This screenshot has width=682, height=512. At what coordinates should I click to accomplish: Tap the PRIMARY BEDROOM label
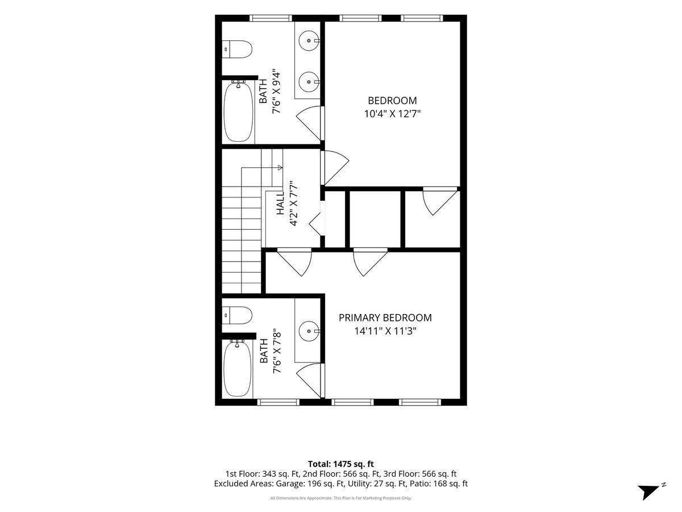pos(385,317)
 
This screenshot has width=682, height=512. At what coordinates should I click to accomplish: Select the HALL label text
pos(280,203)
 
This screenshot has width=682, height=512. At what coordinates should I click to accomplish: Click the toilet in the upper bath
pos(238,49)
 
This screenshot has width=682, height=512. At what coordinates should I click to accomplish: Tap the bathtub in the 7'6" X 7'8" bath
pos(238,369)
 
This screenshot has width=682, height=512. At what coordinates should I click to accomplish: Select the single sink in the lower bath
pos(309,332)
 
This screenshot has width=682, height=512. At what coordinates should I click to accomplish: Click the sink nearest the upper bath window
pos(309,41)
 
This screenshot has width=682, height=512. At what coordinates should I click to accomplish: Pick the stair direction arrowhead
pos(280,168)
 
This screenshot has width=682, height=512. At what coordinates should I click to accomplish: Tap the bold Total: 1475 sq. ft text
pos(341,464)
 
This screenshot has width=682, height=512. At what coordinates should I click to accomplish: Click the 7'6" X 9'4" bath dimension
pos(276,91)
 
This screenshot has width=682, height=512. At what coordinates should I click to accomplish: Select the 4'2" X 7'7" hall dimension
pos(293,204)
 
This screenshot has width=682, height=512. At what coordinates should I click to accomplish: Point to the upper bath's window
pos(271,18)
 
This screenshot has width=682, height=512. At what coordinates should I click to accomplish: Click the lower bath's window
pos(278,402)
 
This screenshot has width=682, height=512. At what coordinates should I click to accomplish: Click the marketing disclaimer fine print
pos(341,498)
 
